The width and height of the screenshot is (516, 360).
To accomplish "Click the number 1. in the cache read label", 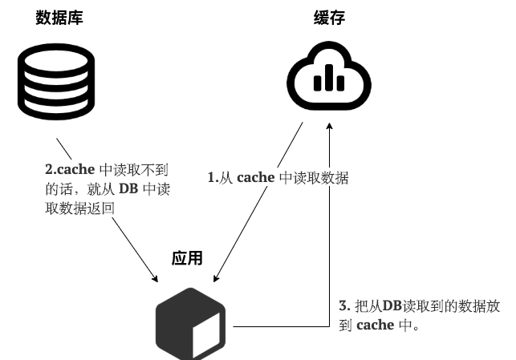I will (213, 178).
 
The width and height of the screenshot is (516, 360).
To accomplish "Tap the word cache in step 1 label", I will (255, 178).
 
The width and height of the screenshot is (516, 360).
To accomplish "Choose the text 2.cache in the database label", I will (70, 170).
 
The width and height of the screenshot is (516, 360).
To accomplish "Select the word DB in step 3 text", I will (391, 305).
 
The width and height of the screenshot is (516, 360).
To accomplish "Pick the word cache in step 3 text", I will (375, 325).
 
